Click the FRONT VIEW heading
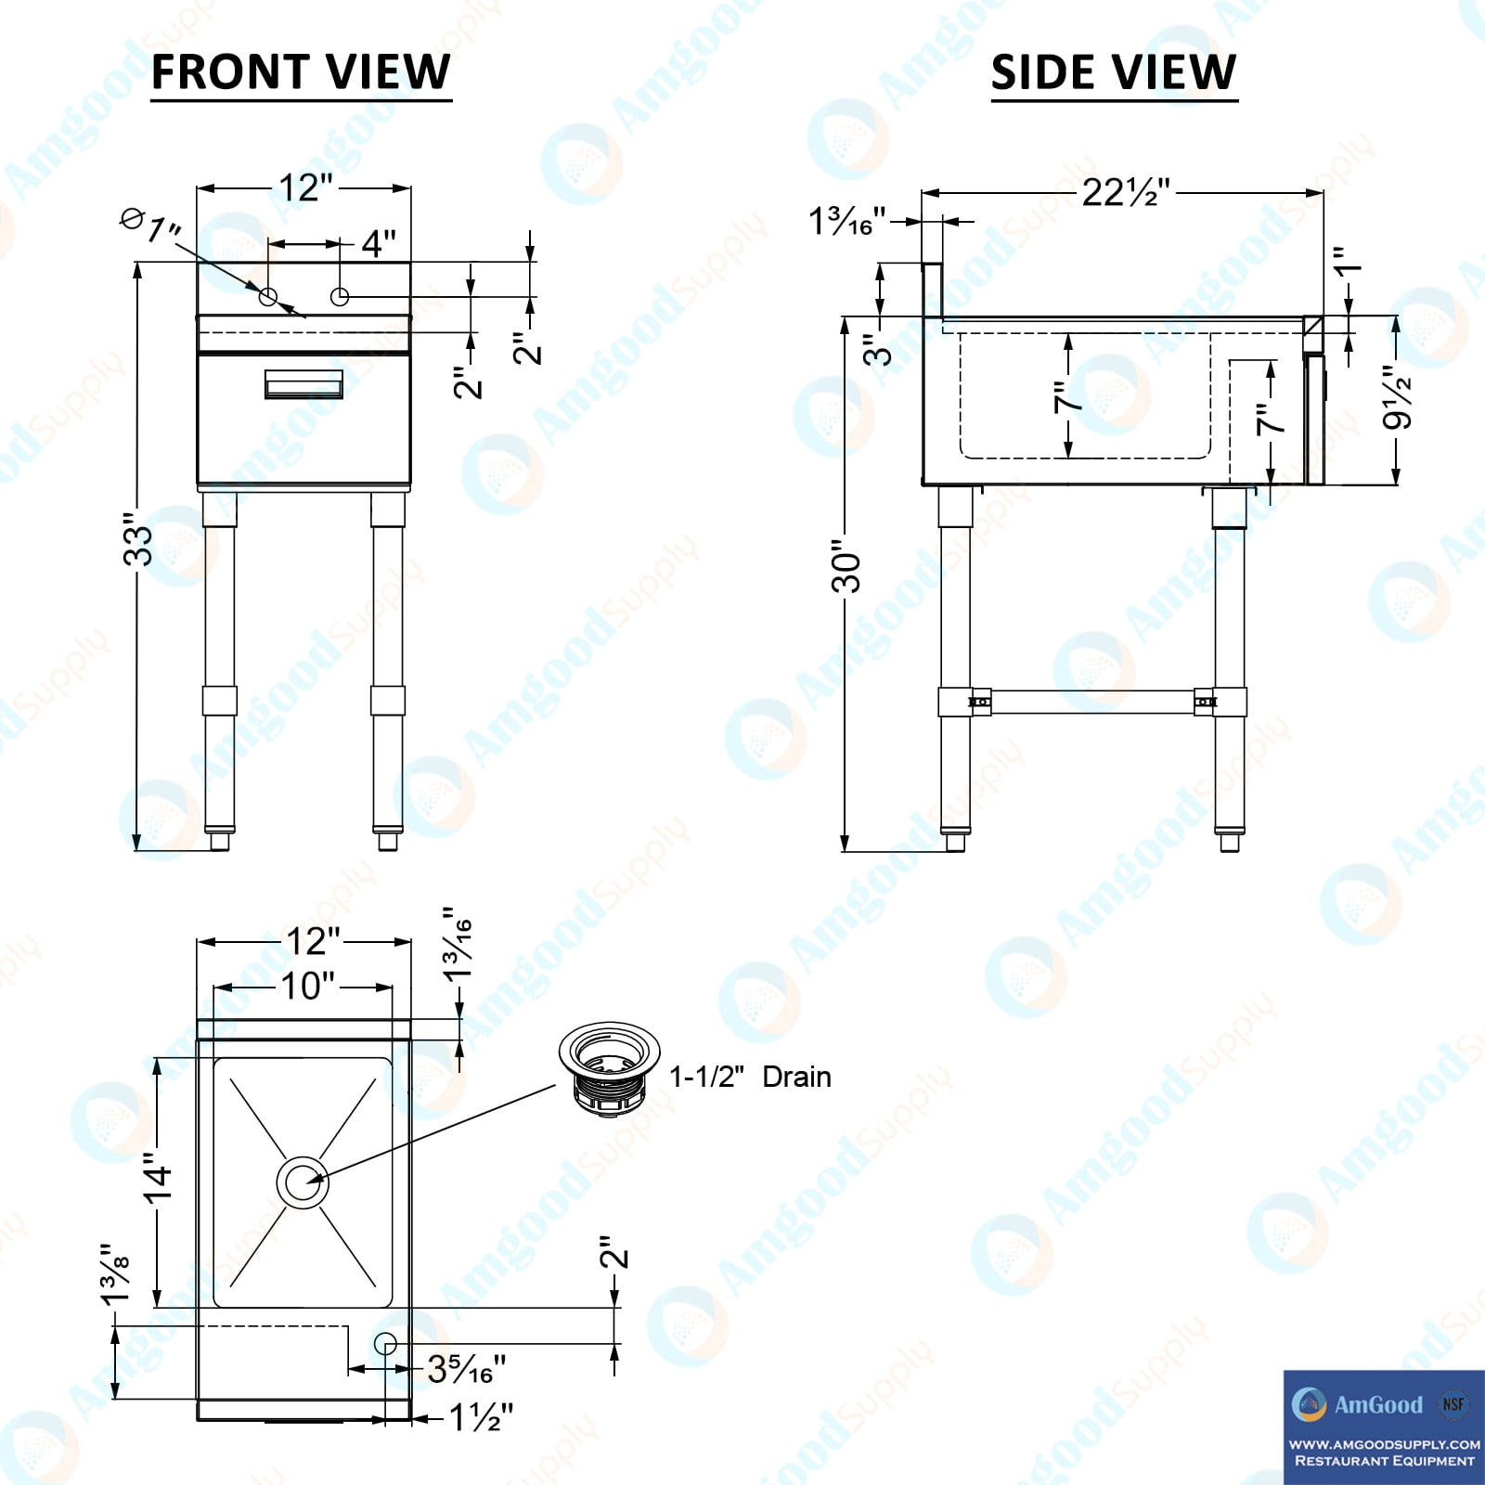point(301,72)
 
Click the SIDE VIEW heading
point(1114,72)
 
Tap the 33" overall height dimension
point(138,539)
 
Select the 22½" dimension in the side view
point(1126,192)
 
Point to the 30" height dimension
point(846,566)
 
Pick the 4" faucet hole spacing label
point(379,243)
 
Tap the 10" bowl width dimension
point(307,986)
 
